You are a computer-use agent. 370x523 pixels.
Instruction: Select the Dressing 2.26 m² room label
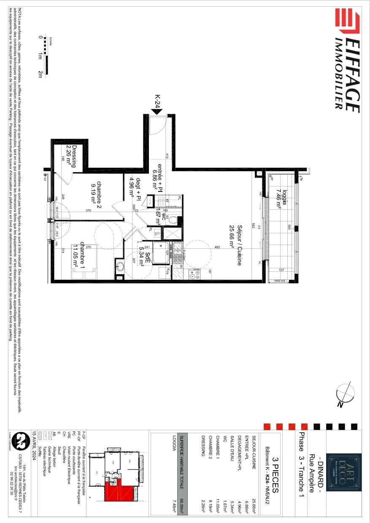[x=71, y=156]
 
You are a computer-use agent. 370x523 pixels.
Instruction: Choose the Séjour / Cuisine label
[x=235, y=245]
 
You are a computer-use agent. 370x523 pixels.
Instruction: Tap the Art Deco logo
[x=345, y=472]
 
